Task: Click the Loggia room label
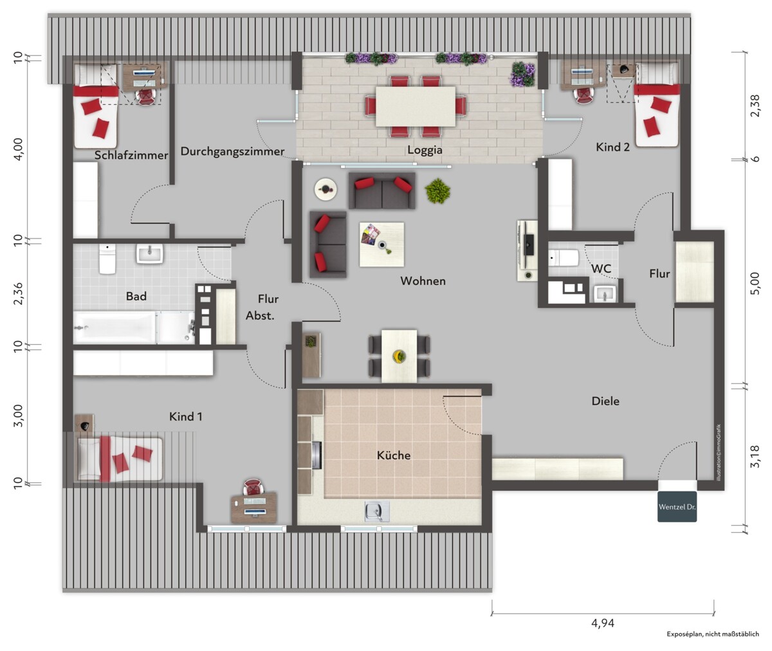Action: tap(425, 150)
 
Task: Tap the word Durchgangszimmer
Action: tap(232, 152)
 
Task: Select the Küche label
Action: tap(394, 455)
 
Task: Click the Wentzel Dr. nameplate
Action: tap(677, 507)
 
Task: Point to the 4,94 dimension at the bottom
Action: tap(603, 623)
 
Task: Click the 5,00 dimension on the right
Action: tap(755, 283)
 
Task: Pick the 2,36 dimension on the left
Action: tap(18, 293)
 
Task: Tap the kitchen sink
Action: tap(377, 511)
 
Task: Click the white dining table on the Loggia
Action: tap(416, 107)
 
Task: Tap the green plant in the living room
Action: tap(437, 191)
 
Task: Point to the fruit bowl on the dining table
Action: tap(400, 356)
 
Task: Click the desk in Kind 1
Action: tap(254, 507)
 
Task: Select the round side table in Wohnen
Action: tap(326, 190)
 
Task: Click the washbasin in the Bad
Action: tap(150, 253)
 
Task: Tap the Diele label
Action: tap(605, 401)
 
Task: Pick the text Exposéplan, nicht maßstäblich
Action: tap(713, 634)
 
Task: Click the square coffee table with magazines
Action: tap(381, 244)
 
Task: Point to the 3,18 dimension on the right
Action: tap(755, 457)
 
